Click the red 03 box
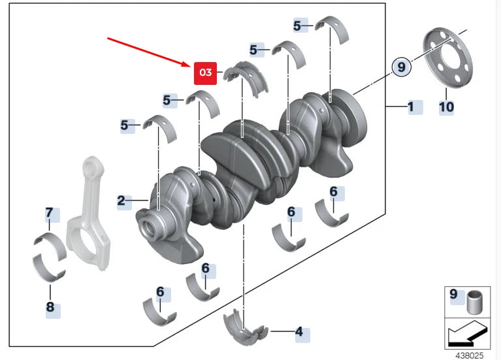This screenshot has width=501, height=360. [205, 73]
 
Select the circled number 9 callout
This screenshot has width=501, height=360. [402, 66]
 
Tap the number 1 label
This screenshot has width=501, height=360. [411, 106]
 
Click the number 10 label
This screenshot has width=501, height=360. [446, 106]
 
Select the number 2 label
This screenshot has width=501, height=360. [121, 201]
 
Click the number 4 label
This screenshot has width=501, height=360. [299, 332]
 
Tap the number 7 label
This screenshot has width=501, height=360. [48, 212]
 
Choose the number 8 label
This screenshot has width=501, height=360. [50, 306]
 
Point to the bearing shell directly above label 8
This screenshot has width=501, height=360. [49, 267]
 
